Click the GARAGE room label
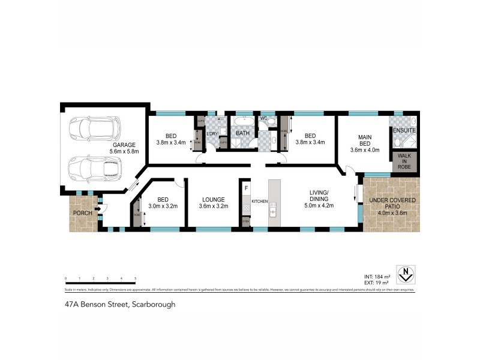tap(124, 145)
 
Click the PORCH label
tap(82, 213)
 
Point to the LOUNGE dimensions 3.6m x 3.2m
tap(213, 206)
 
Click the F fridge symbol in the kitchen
tap(246, 188)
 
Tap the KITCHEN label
tap(259, 200)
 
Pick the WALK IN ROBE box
tap(404, 160)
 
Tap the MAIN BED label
tap(365, 140)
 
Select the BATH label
tap(242, 133)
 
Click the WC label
tap(263, 119)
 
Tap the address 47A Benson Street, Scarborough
tap(120, 304)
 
